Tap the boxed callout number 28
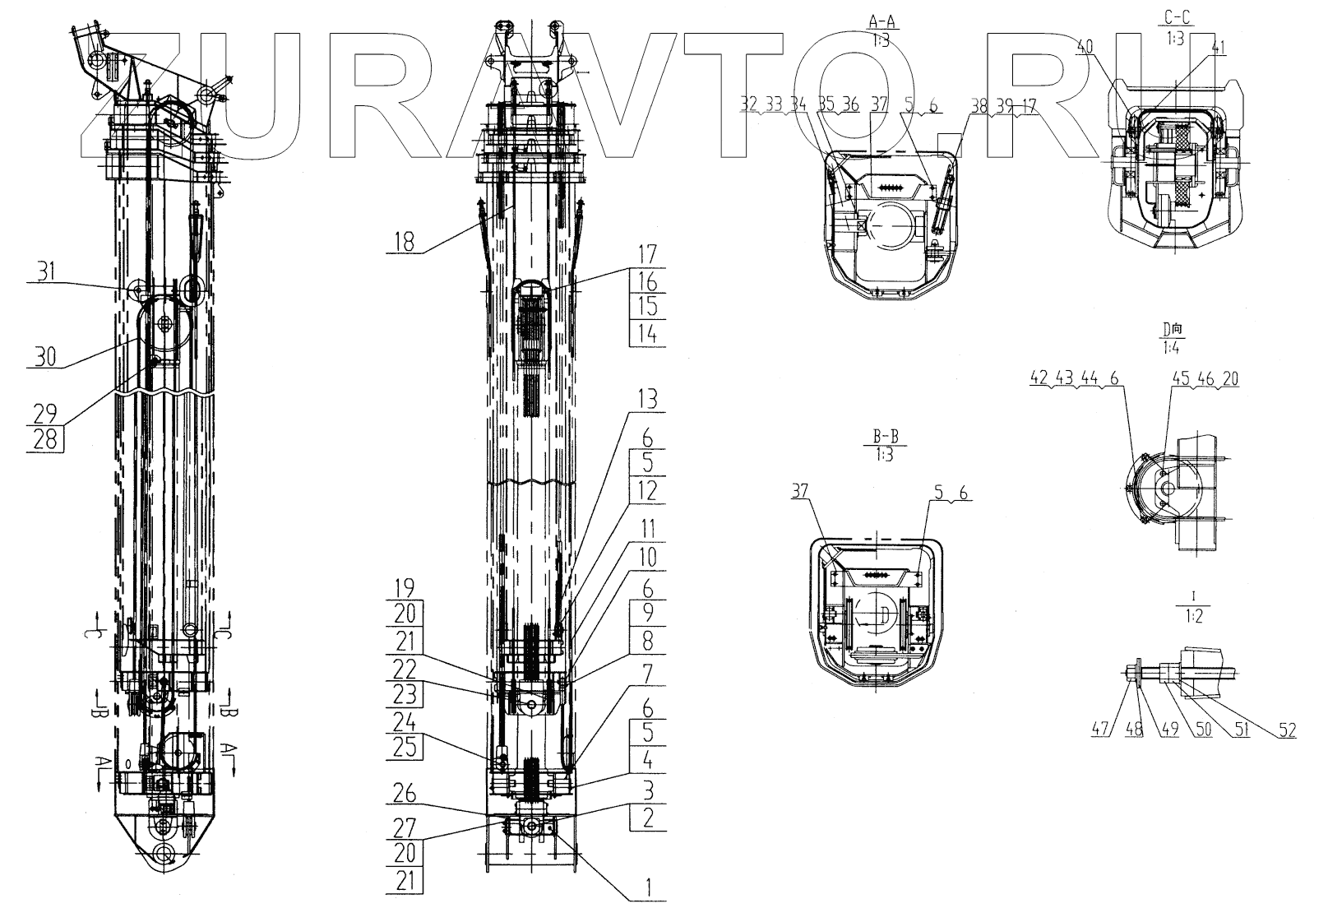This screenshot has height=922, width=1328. point(46,439)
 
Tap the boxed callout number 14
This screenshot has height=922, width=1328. point(648,333)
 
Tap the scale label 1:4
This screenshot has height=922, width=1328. point(1173,350)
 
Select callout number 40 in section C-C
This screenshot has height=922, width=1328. point(1085,49)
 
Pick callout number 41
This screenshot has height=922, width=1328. point(1218,49)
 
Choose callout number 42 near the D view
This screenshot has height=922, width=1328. point(1039,378)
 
